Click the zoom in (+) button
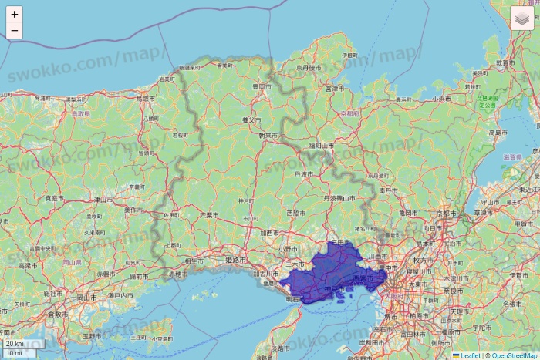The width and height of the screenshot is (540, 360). [x=15, y=14]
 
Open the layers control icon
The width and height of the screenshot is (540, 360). [x=522, y=18]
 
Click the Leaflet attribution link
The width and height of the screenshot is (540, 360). [x=470, y=355]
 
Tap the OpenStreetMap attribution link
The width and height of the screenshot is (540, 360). [x=515, y=355]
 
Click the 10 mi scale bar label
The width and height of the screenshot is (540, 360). [x=13, y=353]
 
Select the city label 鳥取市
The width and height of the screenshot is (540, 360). [x=146, y=99]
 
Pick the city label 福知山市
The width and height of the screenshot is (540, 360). [x=318, y=145]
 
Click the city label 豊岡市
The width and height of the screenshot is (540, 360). [x=262, y=86]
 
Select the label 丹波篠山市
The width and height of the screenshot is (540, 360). [x=339, y=198]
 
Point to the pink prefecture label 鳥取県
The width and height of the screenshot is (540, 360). [x=80, y=113]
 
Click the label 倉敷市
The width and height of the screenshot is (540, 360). [x=56, y=314]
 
